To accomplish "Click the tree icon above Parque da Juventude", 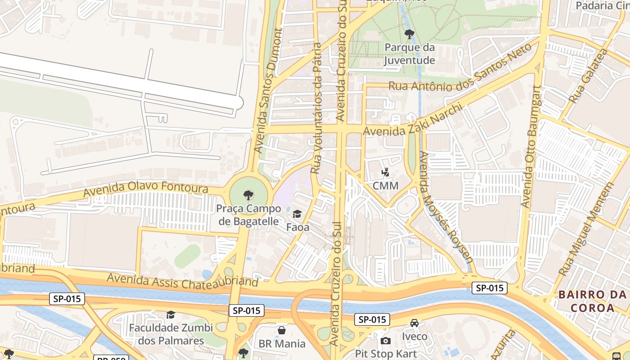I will click(x=409, y=34).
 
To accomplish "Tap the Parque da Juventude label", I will click(x=409, y=54).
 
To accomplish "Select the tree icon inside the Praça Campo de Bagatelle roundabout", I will click(x=247, y=195).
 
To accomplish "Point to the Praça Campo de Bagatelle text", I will click(x=248, y=215).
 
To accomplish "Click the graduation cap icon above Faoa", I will click(x=297, y=214).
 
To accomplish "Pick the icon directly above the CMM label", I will click(x=385, y=171).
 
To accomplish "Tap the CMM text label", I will click(x=386, y=186).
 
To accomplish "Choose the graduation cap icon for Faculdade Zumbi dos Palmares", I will click(x=171, y=314).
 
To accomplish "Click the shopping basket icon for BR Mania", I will click(x=282, y=331).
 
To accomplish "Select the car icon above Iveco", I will click(x=414, y=323).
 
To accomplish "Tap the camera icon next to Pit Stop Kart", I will click(x=386, y=341).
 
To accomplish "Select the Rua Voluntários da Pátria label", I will click(x=317, y=108).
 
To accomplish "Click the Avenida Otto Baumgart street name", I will click(x=531, y=146).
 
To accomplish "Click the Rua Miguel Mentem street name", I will click(x=586, y=229).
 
